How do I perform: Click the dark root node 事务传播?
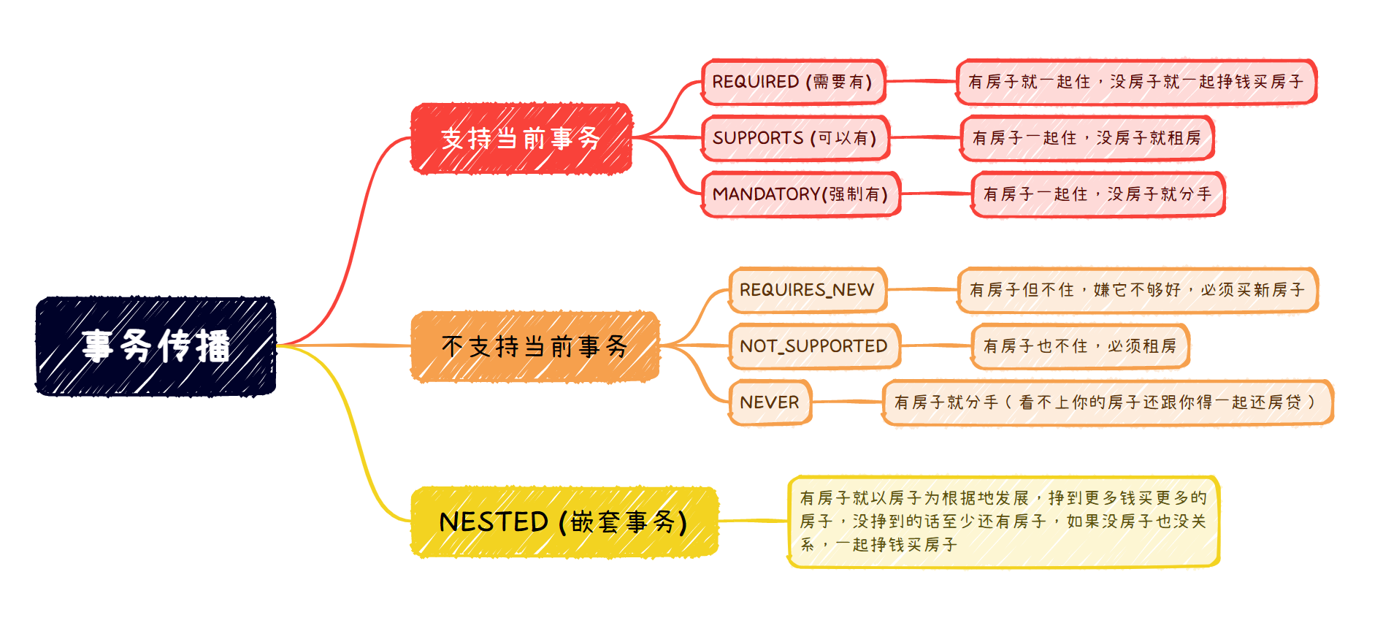point(156,346)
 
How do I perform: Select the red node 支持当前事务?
point(521,138)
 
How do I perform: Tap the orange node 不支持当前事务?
point(535,346)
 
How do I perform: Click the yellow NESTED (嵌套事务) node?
point(564,522)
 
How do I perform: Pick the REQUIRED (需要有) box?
point(793,82)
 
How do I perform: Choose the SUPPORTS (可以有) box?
point(795,138)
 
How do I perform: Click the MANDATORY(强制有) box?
point(800,194)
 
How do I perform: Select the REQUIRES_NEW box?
point(807,290)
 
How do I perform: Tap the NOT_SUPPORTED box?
point(814,346)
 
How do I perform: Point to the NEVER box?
point(770,402)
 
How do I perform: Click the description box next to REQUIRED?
point(1136,82)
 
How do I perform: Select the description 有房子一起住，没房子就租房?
point(1087,138)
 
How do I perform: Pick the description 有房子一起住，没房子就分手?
point(1097,194)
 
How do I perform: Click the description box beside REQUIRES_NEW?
point(1137,290)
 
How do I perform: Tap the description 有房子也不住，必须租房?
point(1080,346)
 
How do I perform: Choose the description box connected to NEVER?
point(1107,402)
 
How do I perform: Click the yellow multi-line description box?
point(1003,522)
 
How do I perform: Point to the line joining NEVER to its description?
point(847,402)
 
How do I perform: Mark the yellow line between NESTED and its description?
point(753,521)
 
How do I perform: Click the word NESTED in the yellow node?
point(494,522)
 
